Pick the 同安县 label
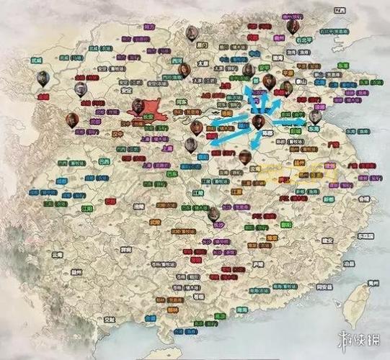tap(324, 287)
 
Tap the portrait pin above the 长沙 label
tap(213, 214)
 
